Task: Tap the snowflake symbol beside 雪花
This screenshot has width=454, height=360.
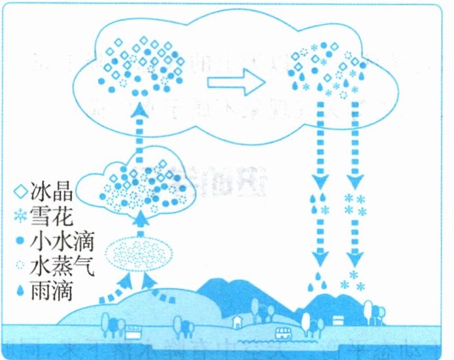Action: point(22,217)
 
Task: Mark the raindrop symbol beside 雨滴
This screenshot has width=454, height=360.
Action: point(22,289)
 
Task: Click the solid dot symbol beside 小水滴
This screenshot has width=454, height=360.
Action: point(22,241)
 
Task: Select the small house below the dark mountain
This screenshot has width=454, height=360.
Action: point(237,320)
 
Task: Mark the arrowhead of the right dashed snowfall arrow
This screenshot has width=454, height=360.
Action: point(355,178)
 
